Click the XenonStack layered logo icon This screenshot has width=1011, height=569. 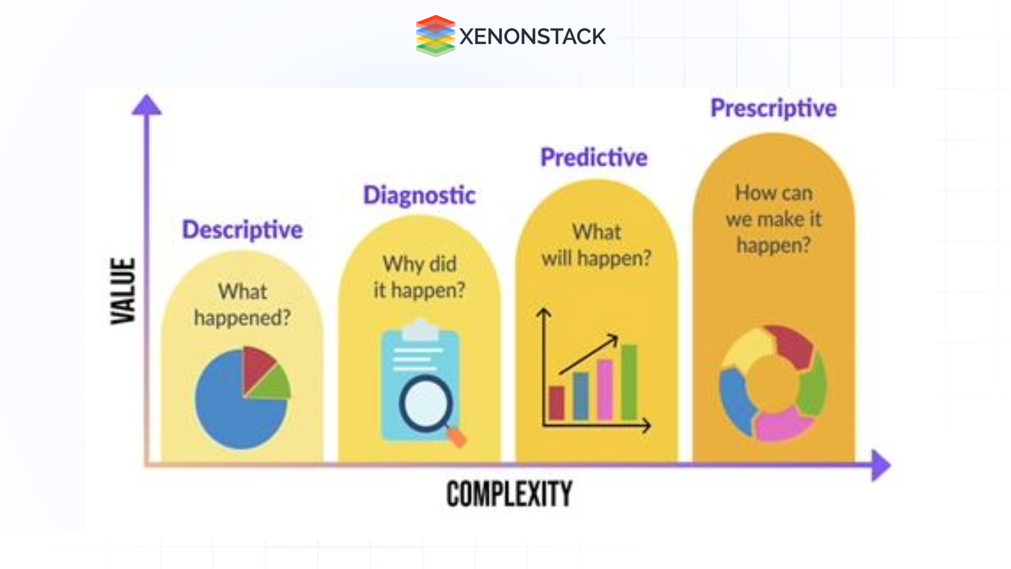[x=435, y=36]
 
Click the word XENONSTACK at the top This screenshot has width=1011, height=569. [x=532, y=36]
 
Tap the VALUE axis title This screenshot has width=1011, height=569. [x=123, y=291]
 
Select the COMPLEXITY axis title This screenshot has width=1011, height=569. [x=509, y=494]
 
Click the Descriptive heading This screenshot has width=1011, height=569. [x=242, y=230]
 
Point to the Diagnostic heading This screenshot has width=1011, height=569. [x=419, y=195]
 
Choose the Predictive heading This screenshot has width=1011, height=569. [x=594, y=158]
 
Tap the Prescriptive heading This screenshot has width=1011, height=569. [x=774, y=109]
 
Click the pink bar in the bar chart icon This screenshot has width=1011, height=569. [x=605, y=390]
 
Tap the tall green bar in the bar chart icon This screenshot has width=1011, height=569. [x=629, y=382]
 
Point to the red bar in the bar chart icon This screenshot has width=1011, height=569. [x=557, y=403]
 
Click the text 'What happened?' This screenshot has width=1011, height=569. [x=242, y=305]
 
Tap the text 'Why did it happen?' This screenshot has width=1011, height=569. [x=419, y=277]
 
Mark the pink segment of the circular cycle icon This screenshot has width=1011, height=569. [x=785, y=424]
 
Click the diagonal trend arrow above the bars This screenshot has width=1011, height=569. [x=589, y=354]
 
